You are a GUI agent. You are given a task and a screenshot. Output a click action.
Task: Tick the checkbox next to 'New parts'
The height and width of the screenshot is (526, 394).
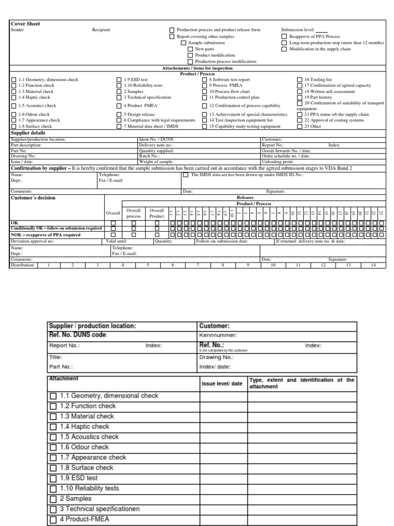[x=190, y=49]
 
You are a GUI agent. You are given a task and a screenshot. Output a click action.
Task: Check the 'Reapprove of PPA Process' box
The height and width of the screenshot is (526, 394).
[x=284, y=37]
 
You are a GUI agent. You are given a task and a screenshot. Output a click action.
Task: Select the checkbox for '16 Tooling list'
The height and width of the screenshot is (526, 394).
[x=301, y=81]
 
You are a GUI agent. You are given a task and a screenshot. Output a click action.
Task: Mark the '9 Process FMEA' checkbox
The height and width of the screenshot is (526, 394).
[x=204, y=86]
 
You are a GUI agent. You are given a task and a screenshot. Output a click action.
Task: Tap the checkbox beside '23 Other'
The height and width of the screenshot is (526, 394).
[x=301, y=126]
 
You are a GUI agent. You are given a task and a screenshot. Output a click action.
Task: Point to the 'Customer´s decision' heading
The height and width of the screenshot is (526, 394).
[x=33, y=197]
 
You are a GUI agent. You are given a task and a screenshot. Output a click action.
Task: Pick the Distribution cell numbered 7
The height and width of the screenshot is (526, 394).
[x=198, y=266]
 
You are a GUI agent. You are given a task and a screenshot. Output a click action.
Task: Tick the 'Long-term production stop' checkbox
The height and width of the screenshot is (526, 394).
[x=284, y=43]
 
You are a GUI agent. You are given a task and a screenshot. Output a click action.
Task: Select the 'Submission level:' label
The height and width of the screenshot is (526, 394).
[x=298, y=30]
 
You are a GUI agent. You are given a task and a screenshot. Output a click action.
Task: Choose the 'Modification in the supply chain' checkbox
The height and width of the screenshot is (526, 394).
[x=284, y=49]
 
